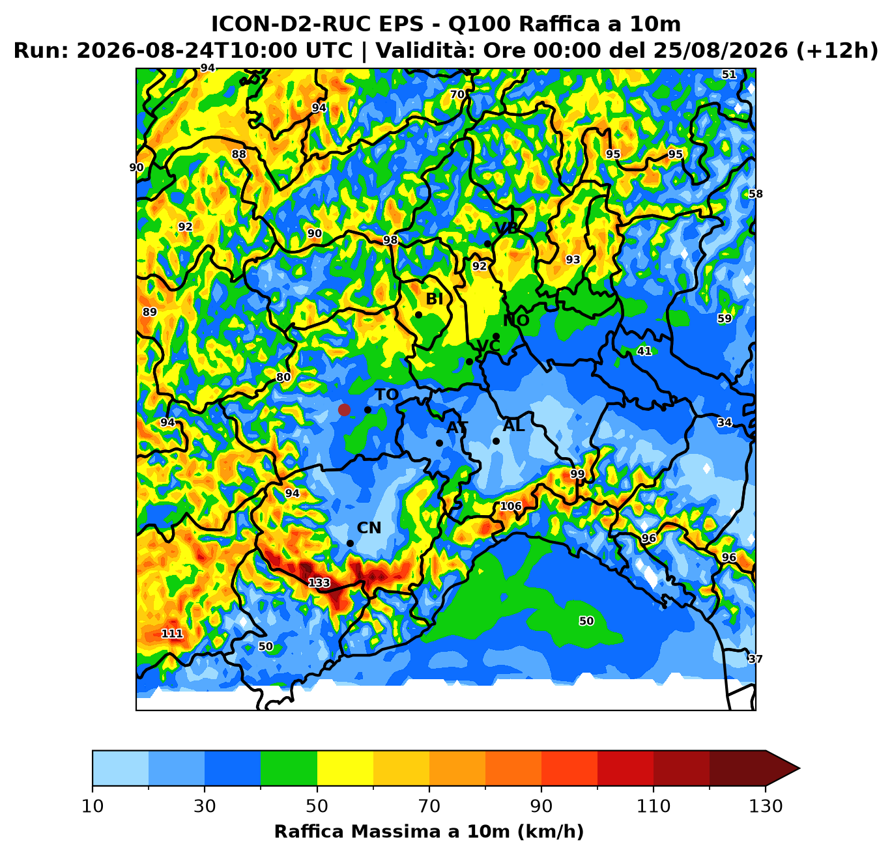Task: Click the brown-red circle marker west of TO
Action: tap(344, 410)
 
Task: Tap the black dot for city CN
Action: tap(350, 544)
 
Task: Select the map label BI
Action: tap(434, 299)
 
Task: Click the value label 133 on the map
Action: tap(319, 583)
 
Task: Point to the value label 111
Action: tap(172, 634)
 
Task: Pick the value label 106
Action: tap(511, 506)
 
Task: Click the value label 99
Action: tap(577, 474)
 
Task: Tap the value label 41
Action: tap(644, 351)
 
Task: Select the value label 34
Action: tap(725, 422)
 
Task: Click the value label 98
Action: tap(390, 240)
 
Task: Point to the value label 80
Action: tap(283, 377)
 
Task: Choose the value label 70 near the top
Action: tap(457, 94)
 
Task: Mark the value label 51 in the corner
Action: tap(729, 74)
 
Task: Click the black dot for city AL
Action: tap(496, 442)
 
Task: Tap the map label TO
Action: tap(386, 395)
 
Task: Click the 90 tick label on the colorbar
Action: tap(541, 806)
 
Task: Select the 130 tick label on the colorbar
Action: tap(765, 806)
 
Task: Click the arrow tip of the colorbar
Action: tap(800, 768)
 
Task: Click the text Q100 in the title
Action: tap(479, 24)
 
